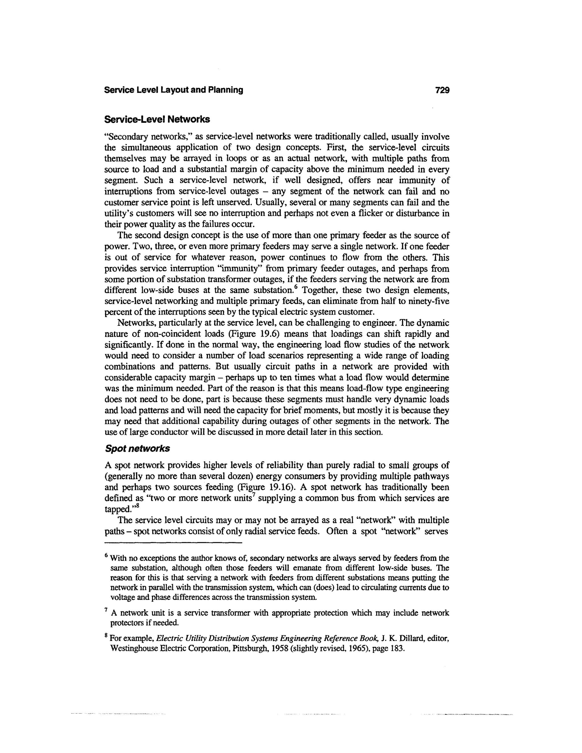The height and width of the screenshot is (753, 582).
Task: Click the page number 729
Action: tap(442, 90)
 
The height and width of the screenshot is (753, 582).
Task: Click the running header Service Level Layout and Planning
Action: tap(173, 90)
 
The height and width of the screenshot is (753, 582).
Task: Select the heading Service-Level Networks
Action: tap(157, 119)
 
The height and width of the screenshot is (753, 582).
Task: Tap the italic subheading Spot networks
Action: tap(137, 449)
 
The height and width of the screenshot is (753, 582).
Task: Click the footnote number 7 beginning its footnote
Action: tap(107, 610)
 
